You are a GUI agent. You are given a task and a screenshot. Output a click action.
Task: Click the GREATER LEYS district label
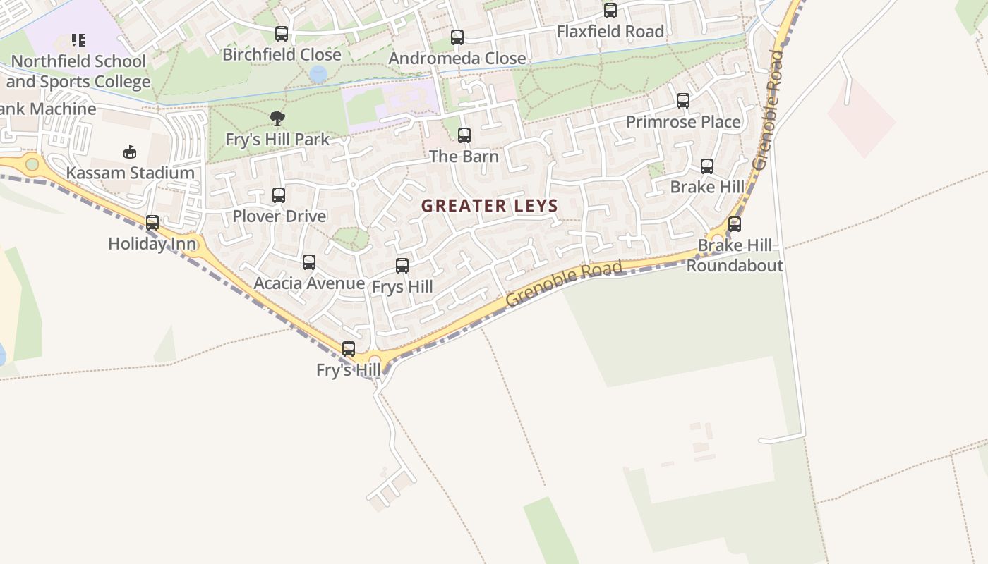tap(490, 206)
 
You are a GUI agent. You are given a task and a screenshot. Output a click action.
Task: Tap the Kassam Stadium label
tap(131, 173)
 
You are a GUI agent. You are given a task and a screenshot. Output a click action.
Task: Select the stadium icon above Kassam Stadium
tap(130, 152)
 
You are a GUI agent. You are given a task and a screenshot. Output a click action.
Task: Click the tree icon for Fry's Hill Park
tap(277, 118)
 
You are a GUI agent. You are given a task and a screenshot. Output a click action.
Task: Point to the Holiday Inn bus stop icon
tap(152, 223)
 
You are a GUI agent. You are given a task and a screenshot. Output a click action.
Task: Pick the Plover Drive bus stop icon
tap(279, 195)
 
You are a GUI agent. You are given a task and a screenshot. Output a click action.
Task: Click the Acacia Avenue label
tap(309, 283)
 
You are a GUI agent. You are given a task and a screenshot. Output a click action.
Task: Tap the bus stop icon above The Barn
tap(464, 135)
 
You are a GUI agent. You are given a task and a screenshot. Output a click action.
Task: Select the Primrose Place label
tap(683, 122)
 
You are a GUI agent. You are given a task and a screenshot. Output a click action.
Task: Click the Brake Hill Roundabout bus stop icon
tap(735, 224)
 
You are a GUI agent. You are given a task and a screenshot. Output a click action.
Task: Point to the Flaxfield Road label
tap(610, 32)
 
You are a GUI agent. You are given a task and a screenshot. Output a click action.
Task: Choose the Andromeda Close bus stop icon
tap(457, 37)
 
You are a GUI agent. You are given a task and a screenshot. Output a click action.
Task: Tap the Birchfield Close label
tap(282, 54)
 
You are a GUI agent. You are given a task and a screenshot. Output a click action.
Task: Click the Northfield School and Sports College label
tap(78, 71)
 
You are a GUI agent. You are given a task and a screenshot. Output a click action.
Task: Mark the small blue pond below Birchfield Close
tap(318, 73)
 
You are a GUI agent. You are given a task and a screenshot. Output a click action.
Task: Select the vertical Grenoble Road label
tap(769, 109)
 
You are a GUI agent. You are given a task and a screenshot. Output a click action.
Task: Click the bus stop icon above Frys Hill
tap(402, 266)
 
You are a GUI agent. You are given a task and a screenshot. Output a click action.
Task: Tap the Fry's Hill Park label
tap(277, 140)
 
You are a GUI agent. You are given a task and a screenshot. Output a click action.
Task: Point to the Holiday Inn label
tap(152, 244)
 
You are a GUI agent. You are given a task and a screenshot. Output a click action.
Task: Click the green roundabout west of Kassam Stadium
tap(32, 164)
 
